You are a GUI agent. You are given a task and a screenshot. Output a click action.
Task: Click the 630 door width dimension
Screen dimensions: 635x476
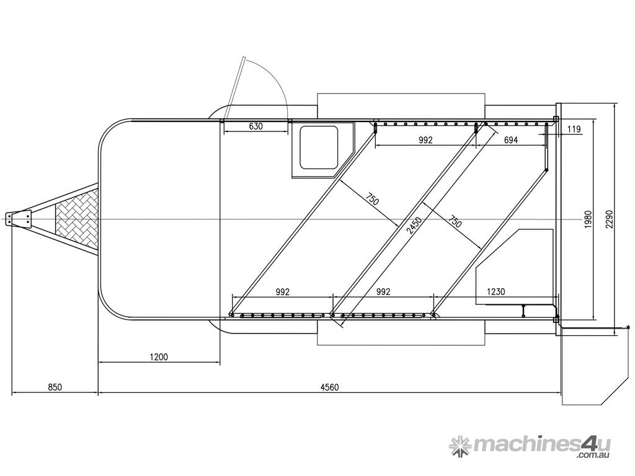[255, 126]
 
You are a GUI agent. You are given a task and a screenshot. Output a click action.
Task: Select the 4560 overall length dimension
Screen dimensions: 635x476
[329, 387]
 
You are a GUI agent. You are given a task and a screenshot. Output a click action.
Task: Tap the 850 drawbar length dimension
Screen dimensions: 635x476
[55, 387]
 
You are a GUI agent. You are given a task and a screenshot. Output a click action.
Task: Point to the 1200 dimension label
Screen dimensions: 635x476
[158, 357]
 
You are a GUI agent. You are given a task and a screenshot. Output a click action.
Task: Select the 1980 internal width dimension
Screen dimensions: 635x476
[588, 219]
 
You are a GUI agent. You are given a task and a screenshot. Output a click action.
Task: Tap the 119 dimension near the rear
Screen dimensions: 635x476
[574, 130]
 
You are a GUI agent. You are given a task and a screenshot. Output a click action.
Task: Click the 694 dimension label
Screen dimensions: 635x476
[511, 140]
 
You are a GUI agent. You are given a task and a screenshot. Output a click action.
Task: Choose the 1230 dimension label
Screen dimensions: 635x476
[495, 291]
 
